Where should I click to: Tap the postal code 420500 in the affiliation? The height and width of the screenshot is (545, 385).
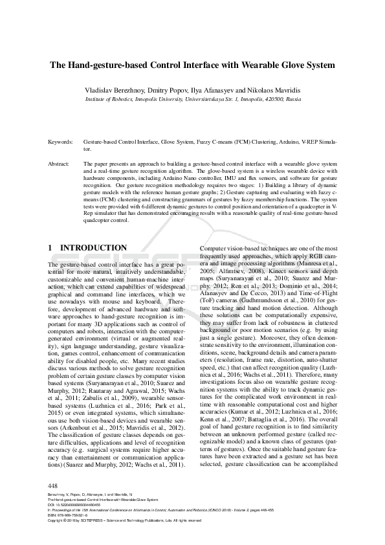point(275,100)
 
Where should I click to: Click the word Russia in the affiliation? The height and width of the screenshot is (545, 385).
point(293,100)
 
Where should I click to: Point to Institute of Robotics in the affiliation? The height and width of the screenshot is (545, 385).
point(109,100)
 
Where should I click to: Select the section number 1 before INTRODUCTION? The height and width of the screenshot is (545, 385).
point(50,248)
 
